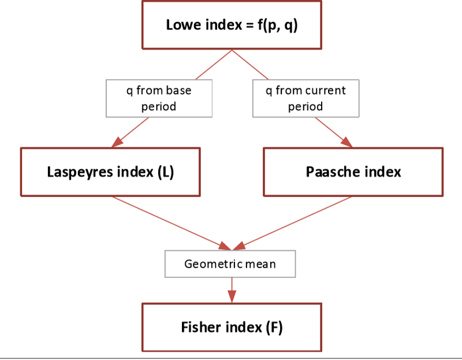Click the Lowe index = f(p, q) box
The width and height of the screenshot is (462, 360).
pyautogui.click(x=232, y=25)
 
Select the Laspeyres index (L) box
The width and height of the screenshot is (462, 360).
pyautogui.click(x=110, y=172)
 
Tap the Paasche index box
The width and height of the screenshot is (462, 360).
pyautogui.click(x=353, y=172)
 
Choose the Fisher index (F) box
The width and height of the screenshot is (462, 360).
pyautogui.click(x=232, y=327)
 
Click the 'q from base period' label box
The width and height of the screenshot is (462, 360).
pyautogui.click(x=158, y=98)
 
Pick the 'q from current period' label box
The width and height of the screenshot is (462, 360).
pyautogui.click(x=305, y=98)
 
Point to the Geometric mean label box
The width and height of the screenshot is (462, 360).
pyautogui.click(x=230, y=264)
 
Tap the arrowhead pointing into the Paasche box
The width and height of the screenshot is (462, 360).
pyautogui.click(x=346, y=142)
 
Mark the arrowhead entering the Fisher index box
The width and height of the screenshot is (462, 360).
pyautogui.click(x=232, y=296)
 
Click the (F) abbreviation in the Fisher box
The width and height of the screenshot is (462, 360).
pyautogui.click(x=274, y=327)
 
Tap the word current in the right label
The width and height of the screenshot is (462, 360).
pyautogui.click(x=325, y=91)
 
